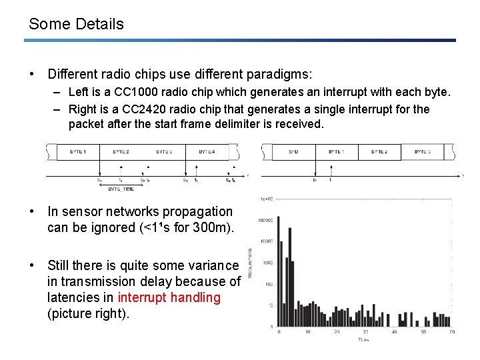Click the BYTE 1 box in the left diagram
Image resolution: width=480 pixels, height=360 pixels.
[x=78, y=152]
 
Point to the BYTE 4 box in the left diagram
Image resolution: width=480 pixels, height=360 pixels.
[x=208, y=152]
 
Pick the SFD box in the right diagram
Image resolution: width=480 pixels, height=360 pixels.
[x=293, y=152]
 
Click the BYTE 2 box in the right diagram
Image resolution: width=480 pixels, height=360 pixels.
[x=379, y=152]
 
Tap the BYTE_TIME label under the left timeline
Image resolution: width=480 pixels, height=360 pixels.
[x=121, y=189]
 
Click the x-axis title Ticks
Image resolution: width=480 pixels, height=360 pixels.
[x=363, y=339]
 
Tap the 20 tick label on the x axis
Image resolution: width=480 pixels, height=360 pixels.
[x=336, y=332]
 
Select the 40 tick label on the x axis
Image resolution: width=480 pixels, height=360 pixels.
[x=394, y=332]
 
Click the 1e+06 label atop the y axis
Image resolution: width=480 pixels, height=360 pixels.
[x=266, y=199]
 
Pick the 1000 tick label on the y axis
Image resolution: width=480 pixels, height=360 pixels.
[x=267, y=263]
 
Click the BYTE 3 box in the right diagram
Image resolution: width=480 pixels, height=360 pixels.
[x=422, y=152]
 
